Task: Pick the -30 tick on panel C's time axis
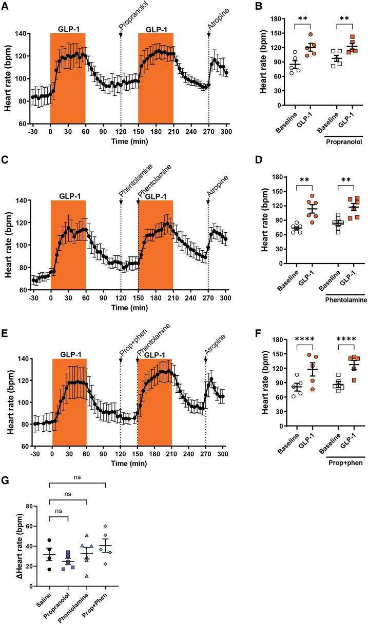coord(34,297)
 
